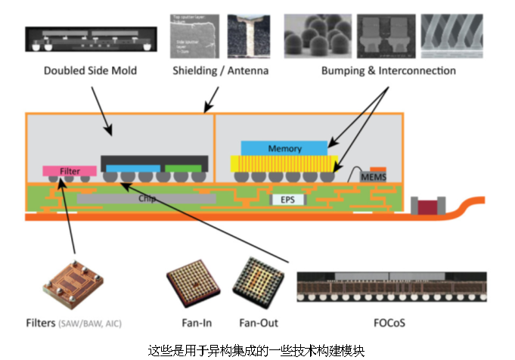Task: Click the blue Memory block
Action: click(284, 148)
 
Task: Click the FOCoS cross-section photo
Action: click(391, 288)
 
